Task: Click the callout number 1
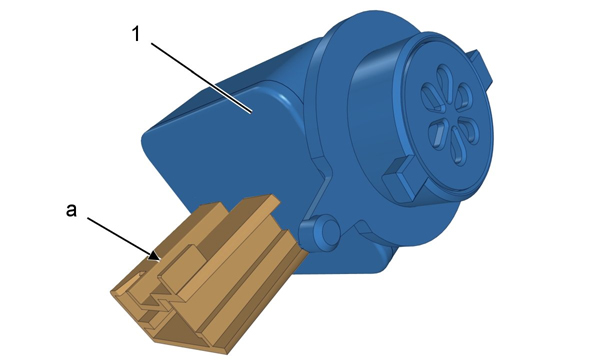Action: (x=136, y=34)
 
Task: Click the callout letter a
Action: (x=71, y=211)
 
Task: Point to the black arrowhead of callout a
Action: (x=154, y=256)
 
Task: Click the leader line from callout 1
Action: (x=202, y=78)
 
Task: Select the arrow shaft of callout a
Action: (x=120, y=236)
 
